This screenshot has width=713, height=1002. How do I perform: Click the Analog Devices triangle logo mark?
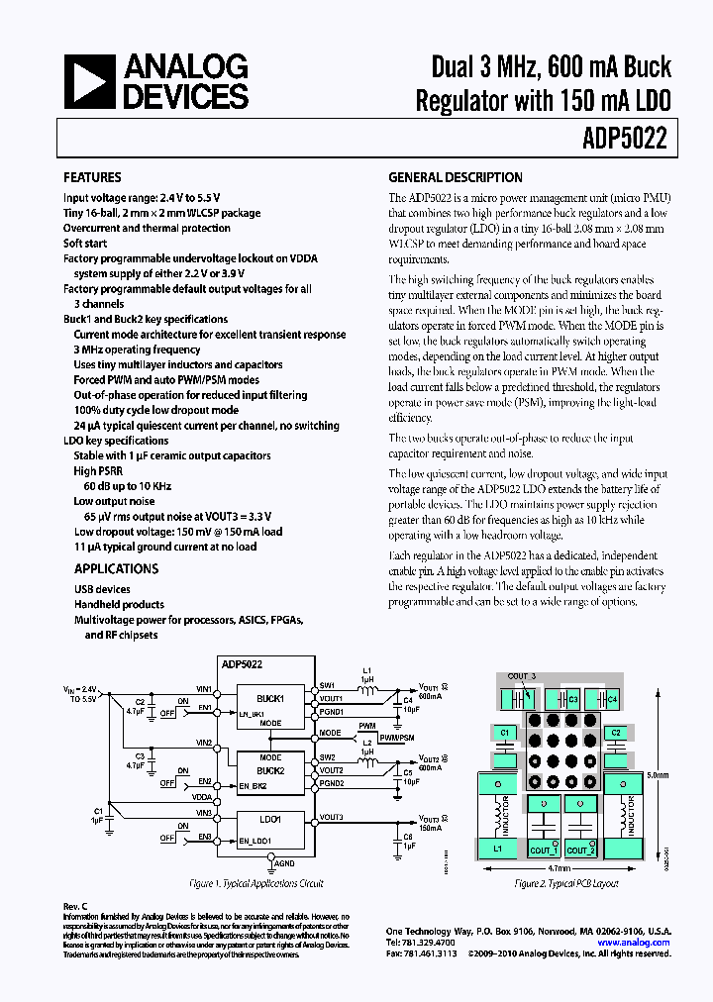(x=89, y=81)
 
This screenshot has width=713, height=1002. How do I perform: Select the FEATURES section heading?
(x=92, y=178)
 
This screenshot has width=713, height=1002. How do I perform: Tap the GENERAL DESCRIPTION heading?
(x=455, y=178)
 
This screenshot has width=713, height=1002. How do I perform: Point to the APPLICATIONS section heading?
(x=116, y=569)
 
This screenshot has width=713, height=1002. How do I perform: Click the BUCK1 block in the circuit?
(x=269, y=699)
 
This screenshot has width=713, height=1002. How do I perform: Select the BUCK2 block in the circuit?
(x=269, y=769)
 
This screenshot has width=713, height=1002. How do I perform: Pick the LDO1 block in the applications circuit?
(x=269, y=820)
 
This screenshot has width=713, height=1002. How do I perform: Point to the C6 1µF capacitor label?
(x=408, y=842)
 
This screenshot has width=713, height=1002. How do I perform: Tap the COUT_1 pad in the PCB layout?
(x=544, y=851)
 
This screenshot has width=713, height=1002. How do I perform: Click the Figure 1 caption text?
(x=256, y=883)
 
